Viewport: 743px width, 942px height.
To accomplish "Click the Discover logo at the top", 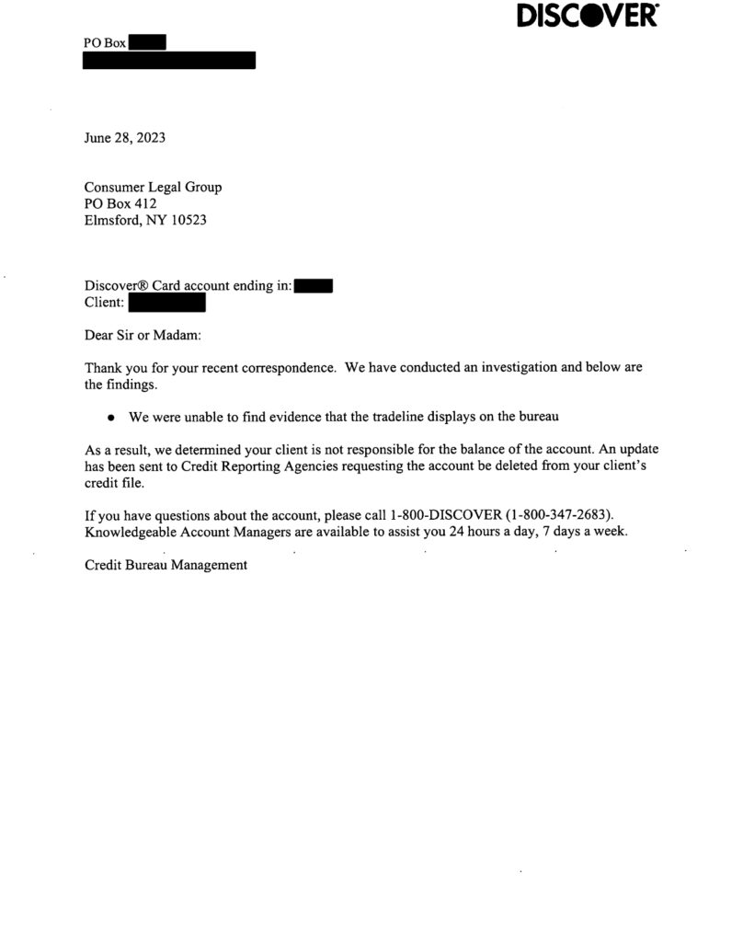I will pos(589,16).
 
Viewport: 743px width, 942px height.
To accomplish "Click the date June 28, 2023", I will pos(125,139).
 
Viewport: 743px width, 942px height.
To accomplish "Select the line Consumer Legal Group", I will pos(153,188).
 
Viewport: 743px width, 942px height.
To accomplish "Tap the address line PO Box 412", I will pos(120,204).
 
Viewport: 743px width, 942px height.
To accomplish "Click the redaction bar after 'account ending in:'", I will pos(314,286).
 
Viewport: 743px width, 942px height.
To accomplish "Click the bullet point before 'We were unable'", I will pos(111,418).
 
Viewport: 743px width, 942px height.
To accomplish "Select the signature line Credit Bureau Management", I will pos(166,566).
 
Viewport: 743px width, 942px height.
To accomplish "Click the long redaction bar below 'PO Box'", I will pos(169,61).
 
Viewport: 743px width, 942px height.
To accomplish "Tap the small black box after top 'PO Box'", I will pos(147,41).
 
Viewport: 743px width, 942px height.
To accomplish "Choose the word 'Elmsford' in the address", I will pos(111,221).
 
